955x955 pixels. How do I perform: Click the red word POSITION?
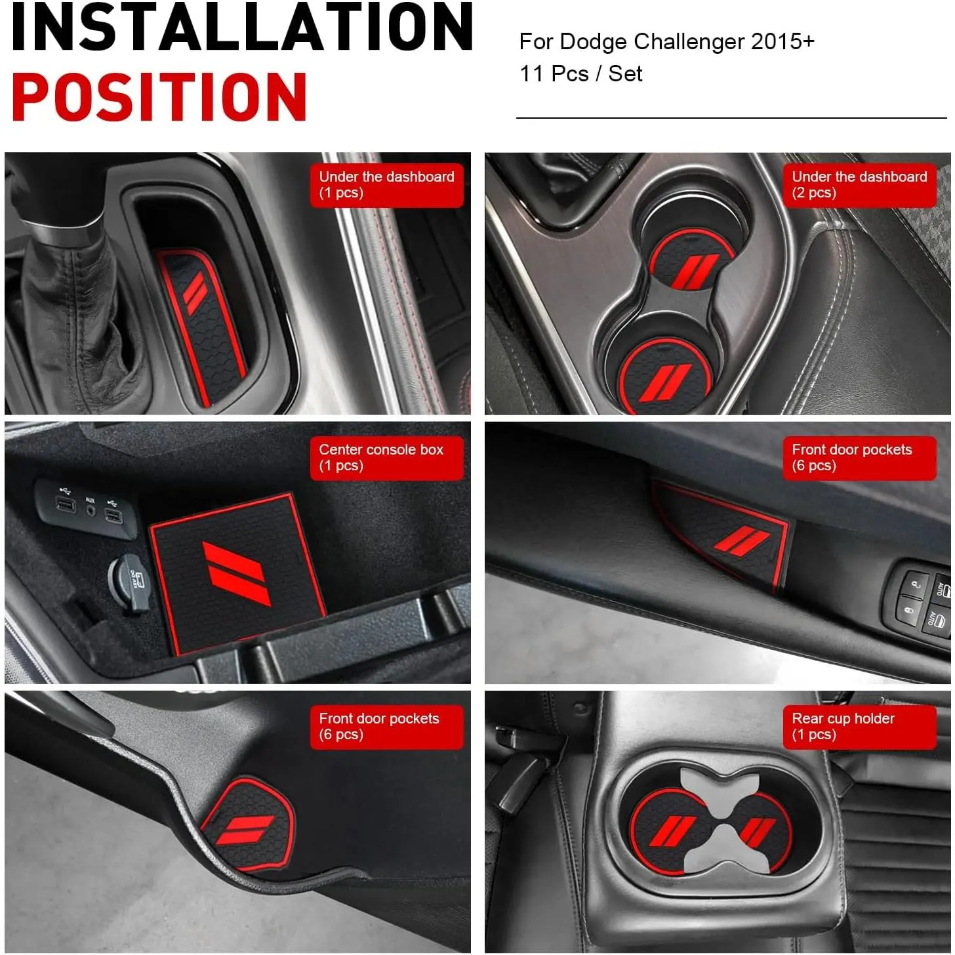tap(159, 96)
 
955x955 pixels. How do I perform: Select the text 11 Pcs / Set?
tap(581, 74)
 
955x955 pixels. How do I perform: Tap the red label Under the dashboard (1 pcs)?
tap(386, 185)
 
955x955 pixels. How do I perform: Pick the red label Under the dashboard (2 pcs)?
tap(859, 185)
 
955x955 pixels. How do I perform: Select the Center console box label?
tap(386, 457)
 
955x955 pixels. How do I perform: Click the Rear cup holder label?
tap(859, 727)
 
